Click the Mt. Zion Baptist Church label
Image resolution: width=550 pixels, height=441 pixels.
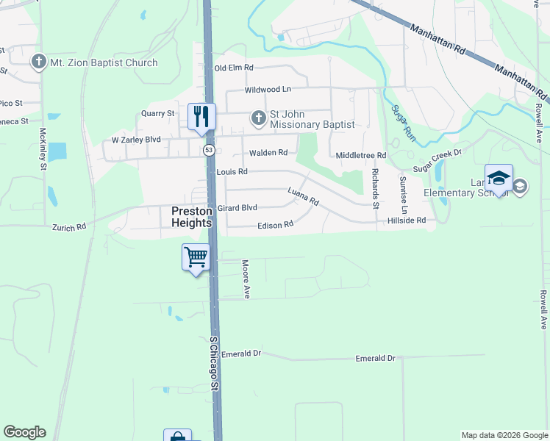click(x=103, y=62)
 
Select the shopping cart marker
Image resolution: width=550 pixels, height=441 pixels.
click(x=196, y=258)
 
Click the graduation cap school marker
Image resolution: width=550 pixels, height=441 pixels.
click(x=499, y=178)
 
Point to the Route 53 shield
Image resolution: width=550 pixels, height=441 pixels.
click(x=210, y=151)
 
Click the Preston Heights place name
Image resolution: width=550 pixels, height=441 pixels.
click(x=191, y=216)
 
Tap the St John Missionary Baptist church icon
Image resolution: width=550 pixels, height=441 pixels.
click(x=258, y=118)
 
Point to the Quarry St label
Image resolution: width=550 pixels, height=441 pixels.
click(x=157, y=114)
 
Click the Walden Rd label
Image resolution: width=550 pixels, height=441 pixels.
click(x=268, y=153)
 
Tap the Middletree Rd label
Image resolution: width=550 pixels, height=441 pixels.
click(x=360, y=156)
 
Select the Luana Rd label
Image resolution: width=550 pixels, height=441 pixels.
click(x=303, y=196)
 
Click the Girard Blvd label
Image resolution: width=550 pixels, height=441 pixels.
click(x=237, y=208)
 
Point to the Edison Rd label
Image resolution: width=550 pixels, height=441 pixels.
click(x=275, y=225)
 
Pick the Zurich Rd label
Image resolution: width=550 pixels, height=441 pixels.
click(x=68, y=228)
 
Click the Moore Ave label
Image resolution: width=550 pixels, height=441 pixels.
click(x=247, y=279)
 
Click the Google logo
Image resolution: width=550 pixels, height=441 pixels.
click(x=24, y=432)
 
